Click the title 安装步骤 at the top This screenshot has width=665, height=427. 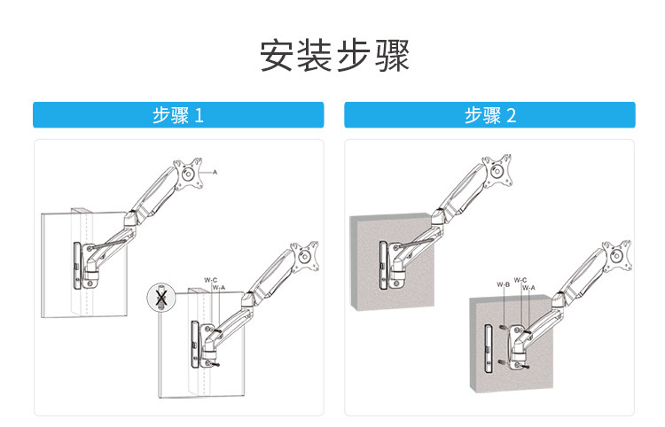point(334,56)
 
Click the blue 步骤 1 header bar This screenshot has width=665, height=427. point(178,115)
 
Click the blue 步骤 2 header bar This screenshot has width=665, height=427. point(489,115)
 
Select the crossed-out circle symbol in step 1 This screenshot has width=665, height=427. point(160,299)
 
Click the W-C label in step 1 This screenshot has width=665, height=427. point(210,279)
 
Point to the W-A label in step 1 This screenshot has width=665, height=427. point(218,287)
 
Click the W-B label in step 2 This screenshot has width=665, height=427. point(503,284)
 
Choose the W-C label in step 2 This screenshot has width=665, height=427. point(520,280)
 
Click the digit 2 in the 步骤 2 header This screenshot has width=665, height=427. point(511,115)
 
